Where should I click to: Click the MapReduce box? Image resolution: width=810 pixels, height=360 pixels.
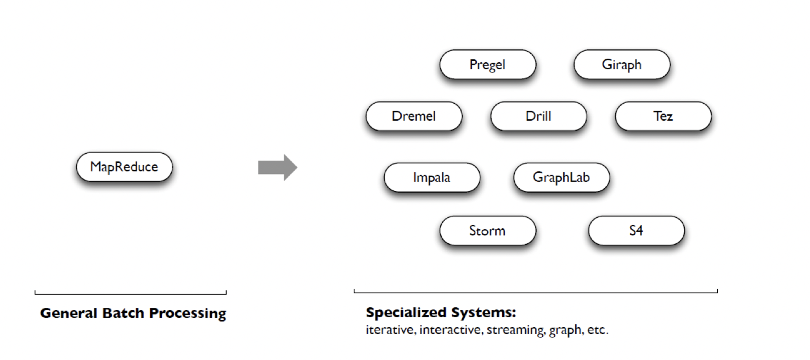pyautogui.click(x=124, y=167)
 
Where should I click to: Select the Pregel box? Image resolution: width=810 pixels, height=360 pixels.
pyautogui.click(x=487, y=65)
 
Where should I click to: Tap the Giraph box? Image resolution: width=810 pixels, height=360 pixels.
pyautogui.click(x=622, y=65)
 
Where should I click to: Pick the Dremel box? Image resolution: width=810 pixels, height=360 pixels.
pyautogui.click(x=414, y=116)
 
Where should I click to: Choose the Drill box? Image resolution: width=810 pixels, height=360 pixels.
pyautogui.click(x=538, y=116)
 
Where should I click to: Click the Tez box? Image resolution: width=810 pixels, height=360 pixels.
pyautogui.click(x=663, y=116)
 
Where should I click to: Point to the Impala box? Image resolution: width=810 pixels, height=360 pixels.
pyautogui.click(x=432, y=178)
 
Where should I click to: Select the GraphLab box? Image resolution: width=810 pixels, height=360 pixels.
pyautogui.click(x=561, y=178)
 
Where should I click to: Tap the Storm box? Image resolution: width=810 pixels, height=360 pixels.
pyautogui.click(x=487, y=230)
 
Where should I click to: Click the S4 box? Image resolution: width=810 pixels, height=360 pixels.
pyautogui.click(x=636, y=230)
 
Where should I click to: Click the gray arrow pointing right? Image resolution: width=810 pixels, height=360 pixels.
pyautogui.click(x=277, y=167)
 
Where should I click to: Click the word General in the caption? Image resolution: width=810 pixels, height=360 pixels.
pyautogui.click(x=69, y=314)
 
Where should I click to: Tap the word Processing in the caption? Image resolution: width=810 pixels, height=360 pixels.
pyautogui.click(x=188, y=314)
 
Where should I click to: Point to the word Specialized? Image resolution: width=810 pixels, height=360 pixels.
pyautogui.click(x=407, y=313)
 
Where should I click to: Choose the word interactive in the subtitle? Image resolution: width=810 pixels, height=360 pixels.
pyautogui.click(x=451, y=331)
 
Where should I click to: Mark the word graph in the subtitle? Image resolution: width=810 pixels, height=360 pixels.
pyautogui.click(x=564, y=331)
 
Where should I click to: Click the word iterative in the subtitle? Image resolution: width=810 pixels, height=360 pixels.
pyautogui.click(x=390, y=331)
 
